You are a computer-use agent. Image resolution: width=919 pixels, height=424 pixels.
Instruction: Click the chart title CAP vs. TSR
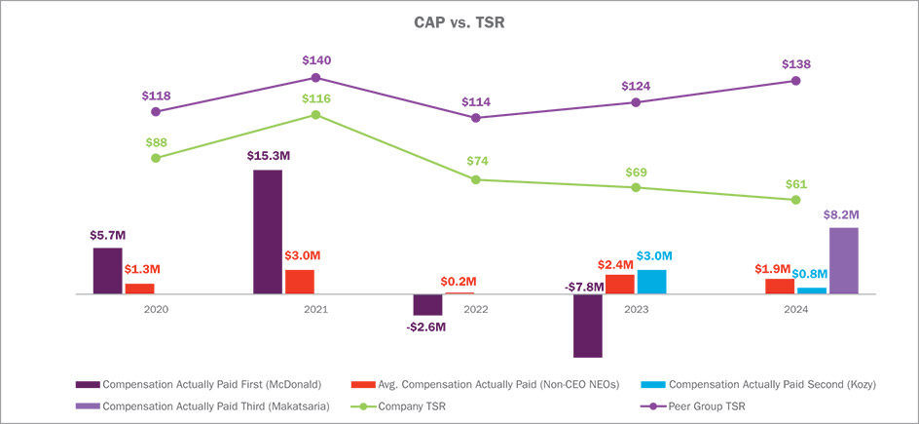tap(459, 21)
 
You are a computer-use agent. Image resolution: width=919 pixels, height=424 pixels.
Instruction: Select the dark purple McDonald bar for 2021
tap(268, 232)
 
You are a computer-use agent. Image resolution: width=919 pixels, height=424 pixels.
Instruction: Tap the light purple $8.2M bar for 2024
tap(843, 260)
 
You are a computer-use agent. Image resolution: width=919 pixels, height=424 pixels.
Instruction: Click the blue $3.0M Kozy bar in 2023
tap(651, 282)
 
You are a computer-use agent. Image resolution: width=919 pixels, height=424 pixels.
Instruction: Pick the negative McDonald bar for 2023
tap(588, 326)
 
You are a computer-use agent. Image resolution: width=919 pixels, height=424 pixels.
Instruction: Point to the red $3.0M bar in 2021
tap(300, 282)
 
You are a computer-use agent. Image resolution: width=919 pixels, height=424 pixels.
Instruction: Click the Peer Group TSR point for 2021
tap(315, 77)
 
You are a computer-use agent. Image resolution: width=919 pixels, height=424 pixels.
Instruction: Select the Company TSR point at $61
tap(796, 200)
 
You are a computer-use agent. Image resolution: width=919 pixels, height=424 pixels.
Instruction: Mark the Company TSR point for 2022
tap(475, 179)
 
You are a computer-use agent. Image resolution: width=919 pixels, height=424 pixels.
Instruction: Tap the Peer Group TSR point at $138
tap(796, 81)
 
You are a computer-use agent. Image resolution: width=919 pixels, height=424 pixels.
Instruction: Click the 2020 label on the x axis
tap(156, 309)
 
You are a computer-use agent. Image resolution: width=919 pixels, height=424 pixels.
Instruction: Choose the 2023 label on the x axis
tap(636, 309)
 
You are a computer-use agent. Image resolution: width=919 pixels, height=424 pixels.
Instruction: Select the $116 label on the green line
tap(315, 99)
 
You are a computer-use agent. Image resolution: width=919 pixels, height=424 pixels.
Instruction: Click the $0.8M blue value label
tap(809, 274)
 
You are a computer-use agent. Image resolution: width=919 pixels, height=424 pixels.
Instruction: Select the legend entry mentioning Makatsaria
tap(227, 405)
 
